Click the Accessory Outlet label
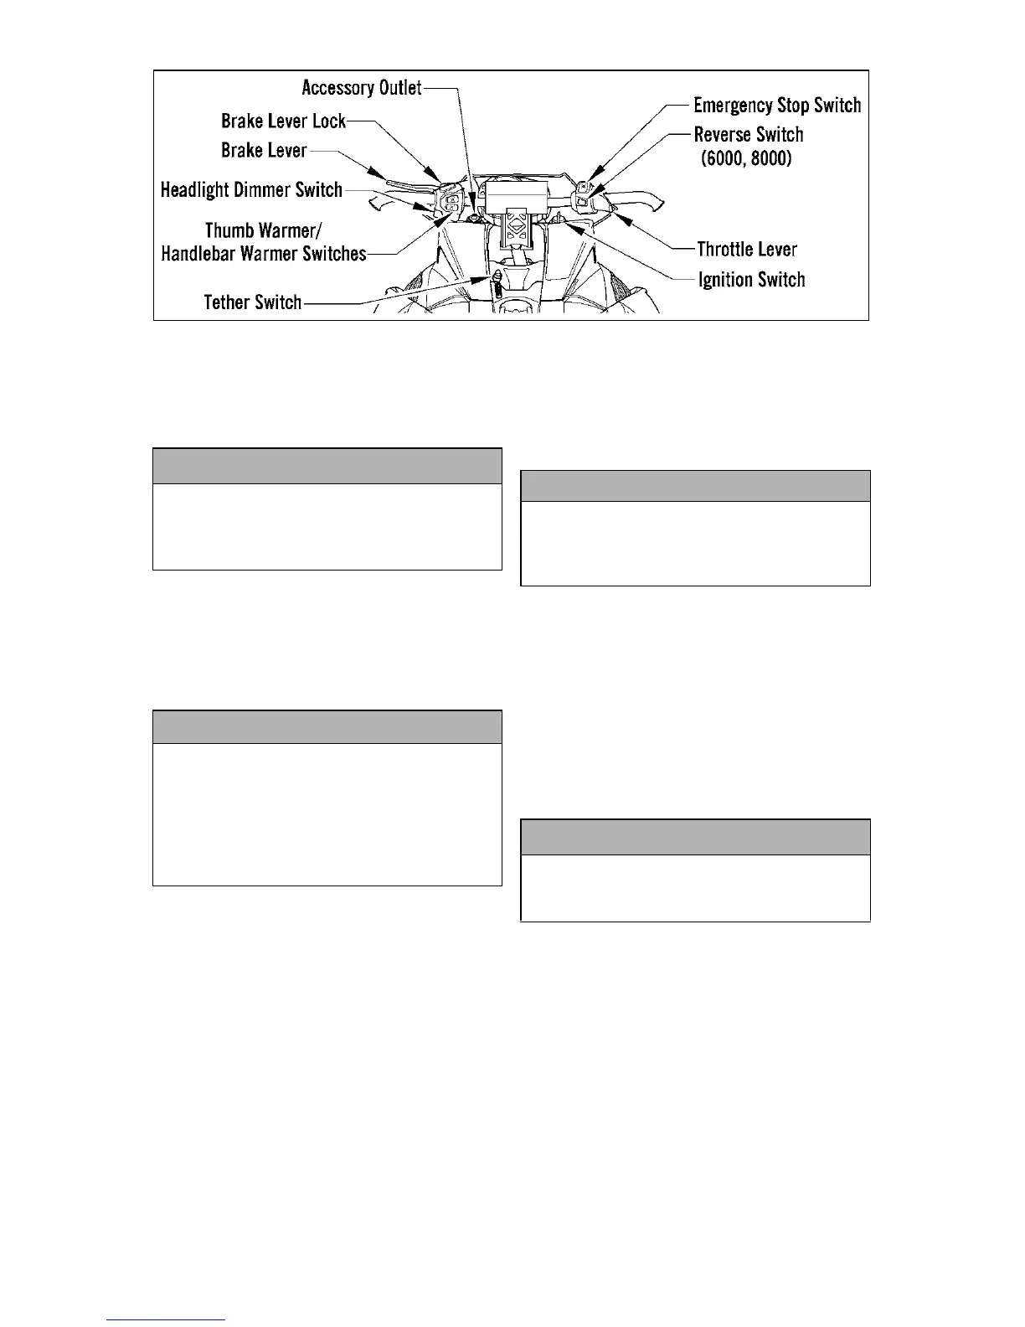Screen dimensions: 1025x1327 pos(361,87)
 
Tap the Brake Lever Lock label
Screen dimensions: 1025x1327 pos(283,121)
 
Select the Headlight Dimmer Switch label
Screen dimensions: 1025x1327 pos(251,189)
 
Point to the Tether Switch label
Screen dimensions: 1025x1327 pos(252,302)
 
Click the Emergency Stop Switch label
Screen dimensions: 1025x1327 pos(777,105)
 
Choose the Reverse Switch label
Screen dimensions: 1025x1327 pos(749,134)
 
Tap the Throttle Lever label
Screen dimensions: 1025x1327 pos(747,249)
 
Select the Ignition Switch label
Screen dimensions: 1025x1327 pos(751,280)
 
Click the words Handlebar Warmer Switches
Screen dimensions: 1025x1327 pos(264,253)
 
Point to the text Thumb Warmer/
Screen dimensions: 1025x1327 pos(264,230)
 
